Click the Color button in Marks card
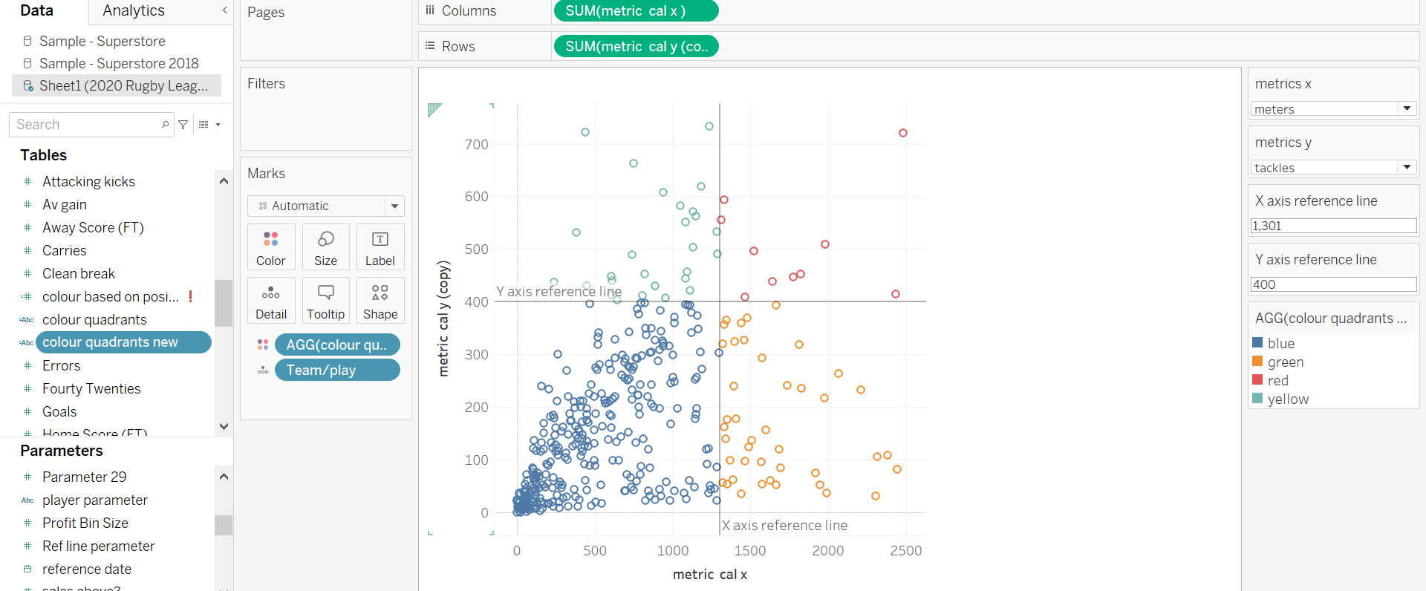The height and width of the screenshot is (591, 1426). [271, 247]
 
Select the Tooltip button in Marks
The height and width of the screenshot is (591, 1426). [325, 301]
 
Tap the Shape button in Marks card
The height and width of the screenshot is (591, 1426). [380, 301]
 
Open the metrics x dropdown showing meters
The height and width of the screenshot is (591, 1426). [1334, 109]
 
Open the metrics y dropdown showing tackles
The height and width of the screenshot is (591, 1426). [1334, 168]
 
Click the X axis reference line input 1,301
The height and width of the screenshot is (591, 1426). [1333, 226]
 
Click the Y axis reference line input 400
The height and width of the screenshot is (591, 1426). [1333, 284]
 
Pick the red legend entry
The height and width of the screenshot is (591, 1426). [1277, 380]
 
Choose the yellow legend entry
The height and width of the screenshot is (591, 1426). [1287, 399]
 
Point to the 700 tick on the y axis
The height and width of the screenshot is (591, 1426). [477, 145]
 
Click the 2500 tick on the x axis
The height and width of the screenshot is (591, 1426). [905, 551]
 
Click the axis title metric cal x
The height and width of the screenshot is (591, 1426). [709, 575]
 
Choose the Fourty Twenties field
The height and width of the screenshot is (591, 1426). [91, 388]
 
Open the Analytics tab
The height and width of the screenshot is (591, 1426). [134, 10]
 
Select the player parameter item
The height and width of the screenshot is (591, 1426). [95, 500]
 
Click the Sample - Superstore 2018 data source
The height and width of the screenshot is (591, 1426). [119, 63]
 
